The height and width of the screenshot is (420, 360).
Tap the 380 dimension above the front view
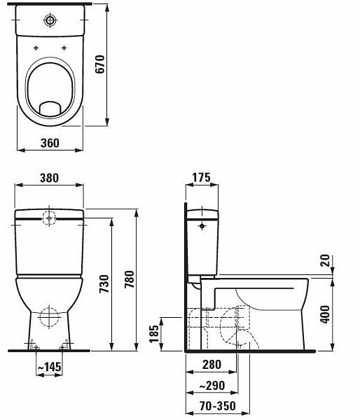coord(48,178)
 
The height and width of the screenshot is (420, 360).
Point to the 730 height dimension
coord(103,283)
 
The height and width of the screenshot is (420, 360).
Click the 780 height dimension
coord(128,279)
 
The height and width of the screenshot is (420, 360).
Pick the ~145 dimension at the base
coord(49,367)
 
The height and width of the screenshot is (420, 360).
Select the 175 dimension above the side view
coord(201,178)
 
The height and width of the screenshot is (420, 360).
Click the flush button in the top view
coord(50,19)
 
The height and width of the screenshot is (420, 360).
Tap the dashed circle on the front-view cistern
coord(50,218)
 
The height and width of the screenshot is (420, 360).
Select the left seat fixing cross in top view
coord(36,48)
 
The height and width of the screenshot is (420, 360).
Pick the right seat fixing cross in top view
coord(64,48)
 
